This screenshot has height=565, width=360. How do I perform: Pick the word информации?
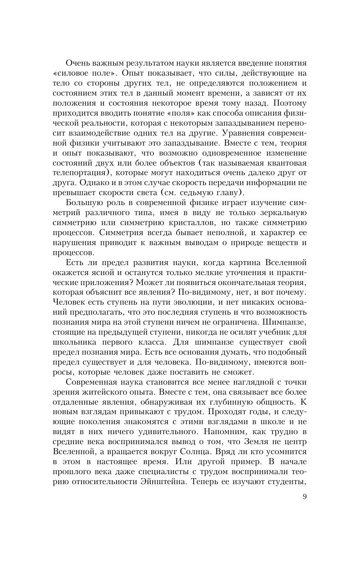(273, 183)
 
